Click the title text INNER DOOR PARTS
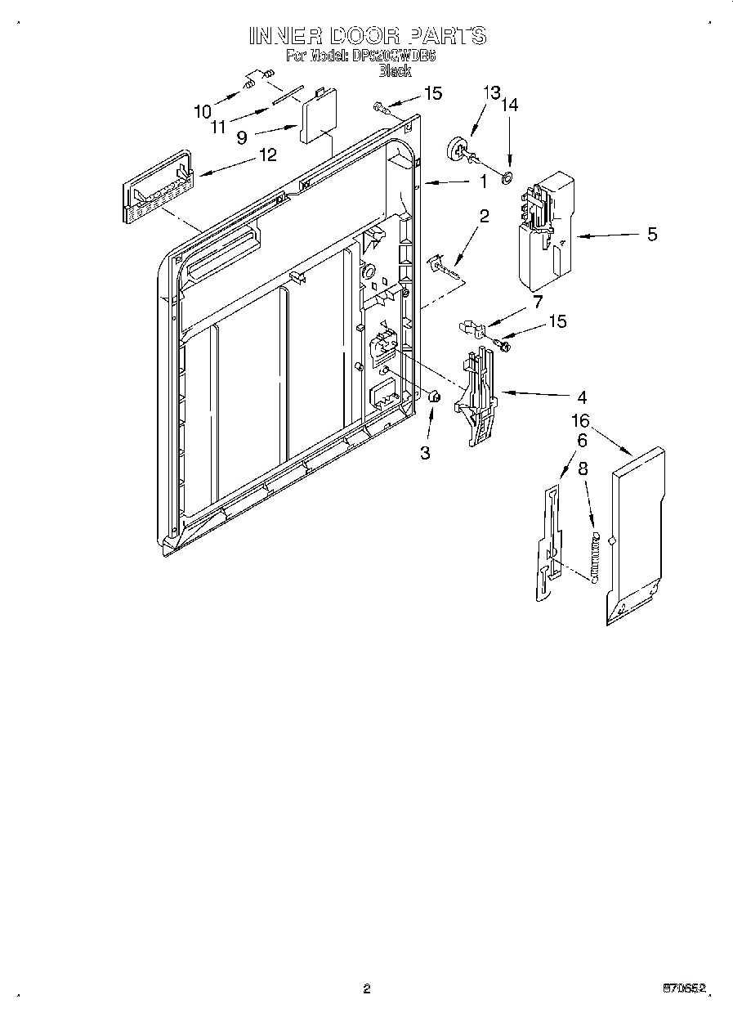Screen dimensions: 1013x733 [x=367, y=35]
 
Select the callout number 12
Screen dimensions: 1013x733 [x=267, y=155]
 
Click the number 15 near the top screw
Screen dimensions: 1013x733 [x=432, y=93]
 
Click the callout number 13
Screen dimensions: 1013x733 [x=489, y=92]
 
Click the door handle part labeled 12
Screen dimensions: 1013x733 [x=156, y=188]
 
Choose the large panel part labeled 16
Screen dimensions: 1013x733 [x=635, y=536]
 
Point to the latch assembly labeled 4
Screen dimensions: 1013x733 [x=482, y=397]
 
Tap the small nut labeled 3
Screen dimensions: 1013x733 [x=435, y=397]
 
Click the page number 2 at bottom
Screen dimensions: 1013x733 [x=366, y=988]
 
